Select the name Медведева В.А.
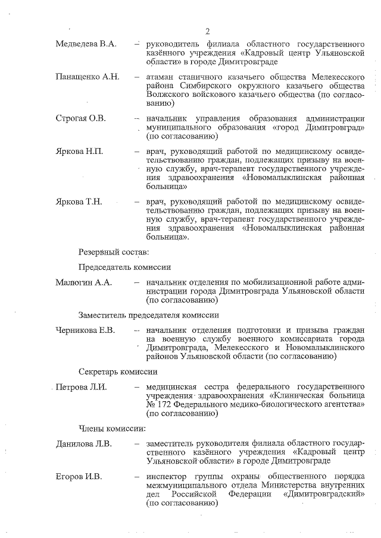click(86, 45)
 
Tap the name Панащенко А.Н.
click(88, 77)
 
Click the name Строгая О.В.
click(80, 119)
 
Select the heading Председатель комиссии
click(125, 268)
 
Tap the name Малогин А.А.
click(84, 282)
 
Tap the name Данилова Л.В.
click(84, 443)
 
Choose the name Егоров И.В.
click(79, 476)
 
